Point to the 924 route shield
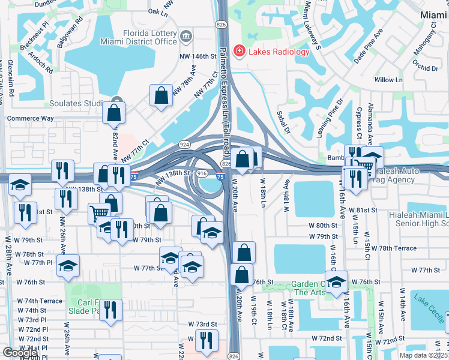point(184,145)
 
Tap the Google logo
point(20,353)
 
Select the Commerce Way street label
point(30,118)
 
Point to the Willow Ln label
point(388,80)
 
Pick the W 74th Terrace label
point(40,301)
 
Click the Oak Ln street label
point(157,11)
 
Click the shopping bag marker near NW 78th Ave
point(161,96)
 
